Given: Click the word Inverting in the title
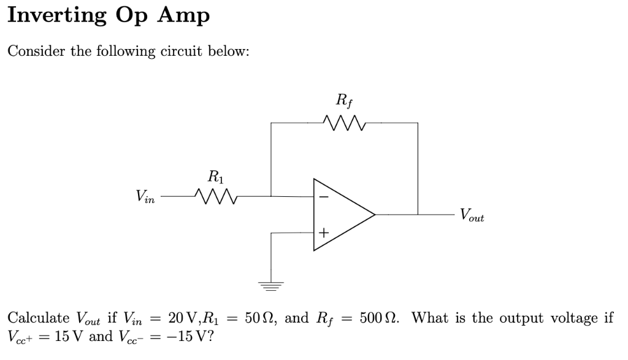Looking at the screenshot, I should click(x=56, y=15).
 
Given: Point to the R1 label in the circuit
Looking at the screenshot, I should click(x=214, y=177).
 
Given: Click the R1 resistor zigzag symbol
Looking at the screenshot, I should click(x=215, y=196).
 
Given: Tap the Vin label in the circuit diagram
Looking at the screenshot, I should click(x=146, y=197).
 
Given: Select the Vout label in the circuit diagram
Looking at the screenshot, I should click(x=472, y=215).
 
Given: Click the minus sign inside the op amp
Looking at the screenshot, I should click(x=323, y=197).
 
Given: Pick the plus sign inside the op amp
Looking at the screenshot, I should click(x=323, y=233).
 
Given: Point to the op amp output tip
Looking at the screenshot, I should click(x=374, y=215).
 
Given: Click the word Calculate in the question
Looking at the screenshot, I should click(x=38, y=318).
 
